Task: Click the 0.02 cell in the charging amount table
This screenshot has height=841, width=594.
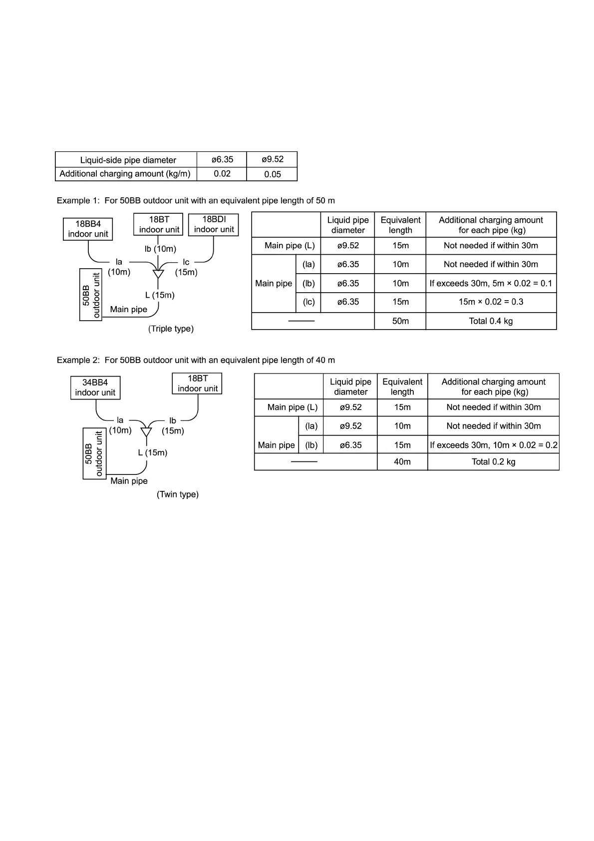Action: [x=222, y=174]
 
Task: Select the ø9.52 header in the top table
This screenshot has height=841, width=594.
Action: [x=273, y=159]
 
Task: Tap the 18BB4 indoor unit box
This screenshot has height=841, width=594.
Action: [x=88, y=229]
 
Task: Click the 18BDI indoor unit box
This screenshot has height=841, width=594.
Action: [x=214, y=225]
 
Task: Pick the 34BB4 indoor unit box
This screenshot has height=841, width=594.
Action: [x=95, y=388]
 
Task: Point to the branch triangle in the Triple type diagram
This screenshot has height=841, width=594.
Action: [x=158, y=274]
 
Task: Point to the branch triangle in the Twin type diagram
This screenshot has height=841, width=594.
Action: [x=146, y=431]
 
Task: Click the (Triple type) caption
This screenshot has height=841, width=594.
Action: [x=171, y=329]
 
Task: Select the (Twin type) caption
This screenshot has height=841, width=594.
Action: [x=178, y=494]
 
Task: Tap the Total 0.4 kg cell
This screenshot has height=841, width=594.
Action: [x=491, y=321]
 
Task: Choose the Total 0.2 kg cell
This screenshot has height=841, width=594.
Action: [x=493, y=462]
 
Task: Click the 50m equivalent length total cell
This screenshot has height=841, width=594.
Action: [x=400, y=321]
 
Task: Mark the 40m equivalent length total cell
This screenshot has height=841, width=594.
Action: [x=402, y=462]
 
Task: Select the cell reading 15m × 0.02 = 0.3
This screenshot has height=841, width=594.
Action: [x=491, y=302]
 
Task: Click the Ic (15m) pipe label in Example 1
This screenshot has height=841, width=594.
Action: [x=186, y=267]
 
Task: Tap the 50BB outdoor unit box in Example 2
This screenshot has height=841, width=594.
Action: [x=94, y=453]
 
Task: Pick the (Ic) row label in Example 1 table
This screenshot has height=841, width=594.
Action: [x=308, y=302]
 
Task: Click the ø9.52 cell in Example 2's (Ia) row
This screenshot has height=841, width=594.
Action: [x=350, y=426]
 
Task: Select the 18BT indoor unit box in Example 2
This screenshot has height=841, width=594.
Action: [x=198, y=384]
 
